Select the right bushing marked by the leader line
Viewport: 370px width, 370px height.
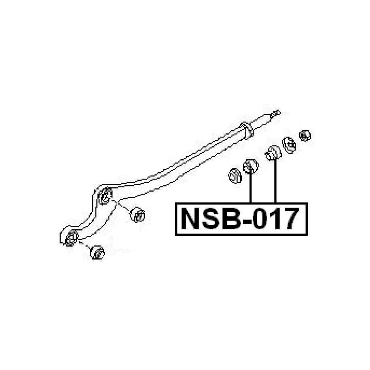tap(272, 153)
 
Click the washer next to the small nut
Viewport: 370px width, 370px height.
tap(289, 145)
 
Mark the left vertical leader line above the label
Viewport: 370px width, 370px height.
tap(251, 188)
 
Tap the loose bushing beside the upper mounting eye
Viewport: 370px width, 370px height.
tap(138, 214)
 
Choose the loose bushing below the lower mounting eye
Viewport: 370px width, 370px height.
tap(97, 252)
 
